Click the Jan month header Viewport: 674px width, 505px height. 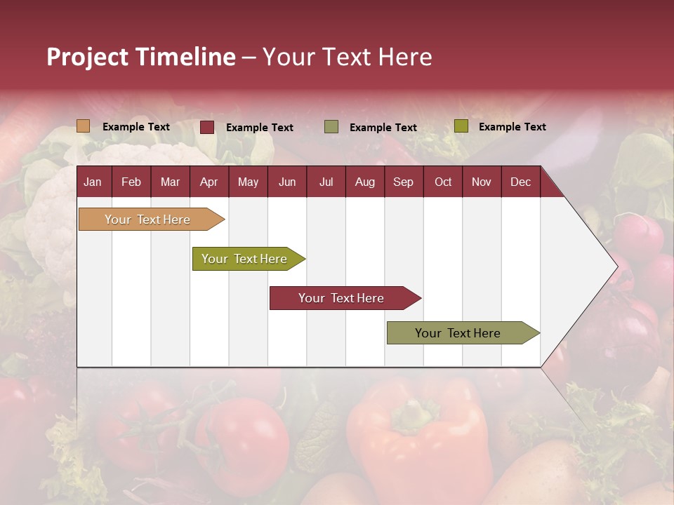tap(93, 182)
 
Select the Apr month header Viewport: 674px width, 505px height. tap(209, 182)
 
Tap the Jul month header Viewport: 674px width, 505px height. tap(326, 182)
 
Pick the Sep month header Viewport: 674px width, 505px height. tap(403, 182)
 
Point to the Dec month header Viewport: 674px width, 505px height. tap(520, 182)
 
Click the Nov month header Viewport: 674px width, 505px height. tap(481, 182)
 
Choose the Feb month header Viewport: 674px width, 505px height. tap(131, 182)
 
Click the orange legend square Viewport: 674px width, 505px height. tap(83, 126)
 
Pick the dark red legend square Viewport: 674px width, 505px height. tap(207, 127)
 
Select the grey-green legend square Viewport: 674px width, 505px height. tap(331, 126)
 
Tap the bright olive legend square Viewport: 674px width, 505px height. tap(461, 126)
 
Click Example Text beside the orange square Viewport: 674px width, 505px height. tap(136, 127)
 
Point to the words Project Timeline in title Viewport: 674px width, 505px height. tap(140, 57)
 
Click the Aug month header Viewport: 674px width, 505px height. tap(364, 182)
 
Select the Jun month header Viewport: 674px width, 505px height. tap(286, 182)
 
